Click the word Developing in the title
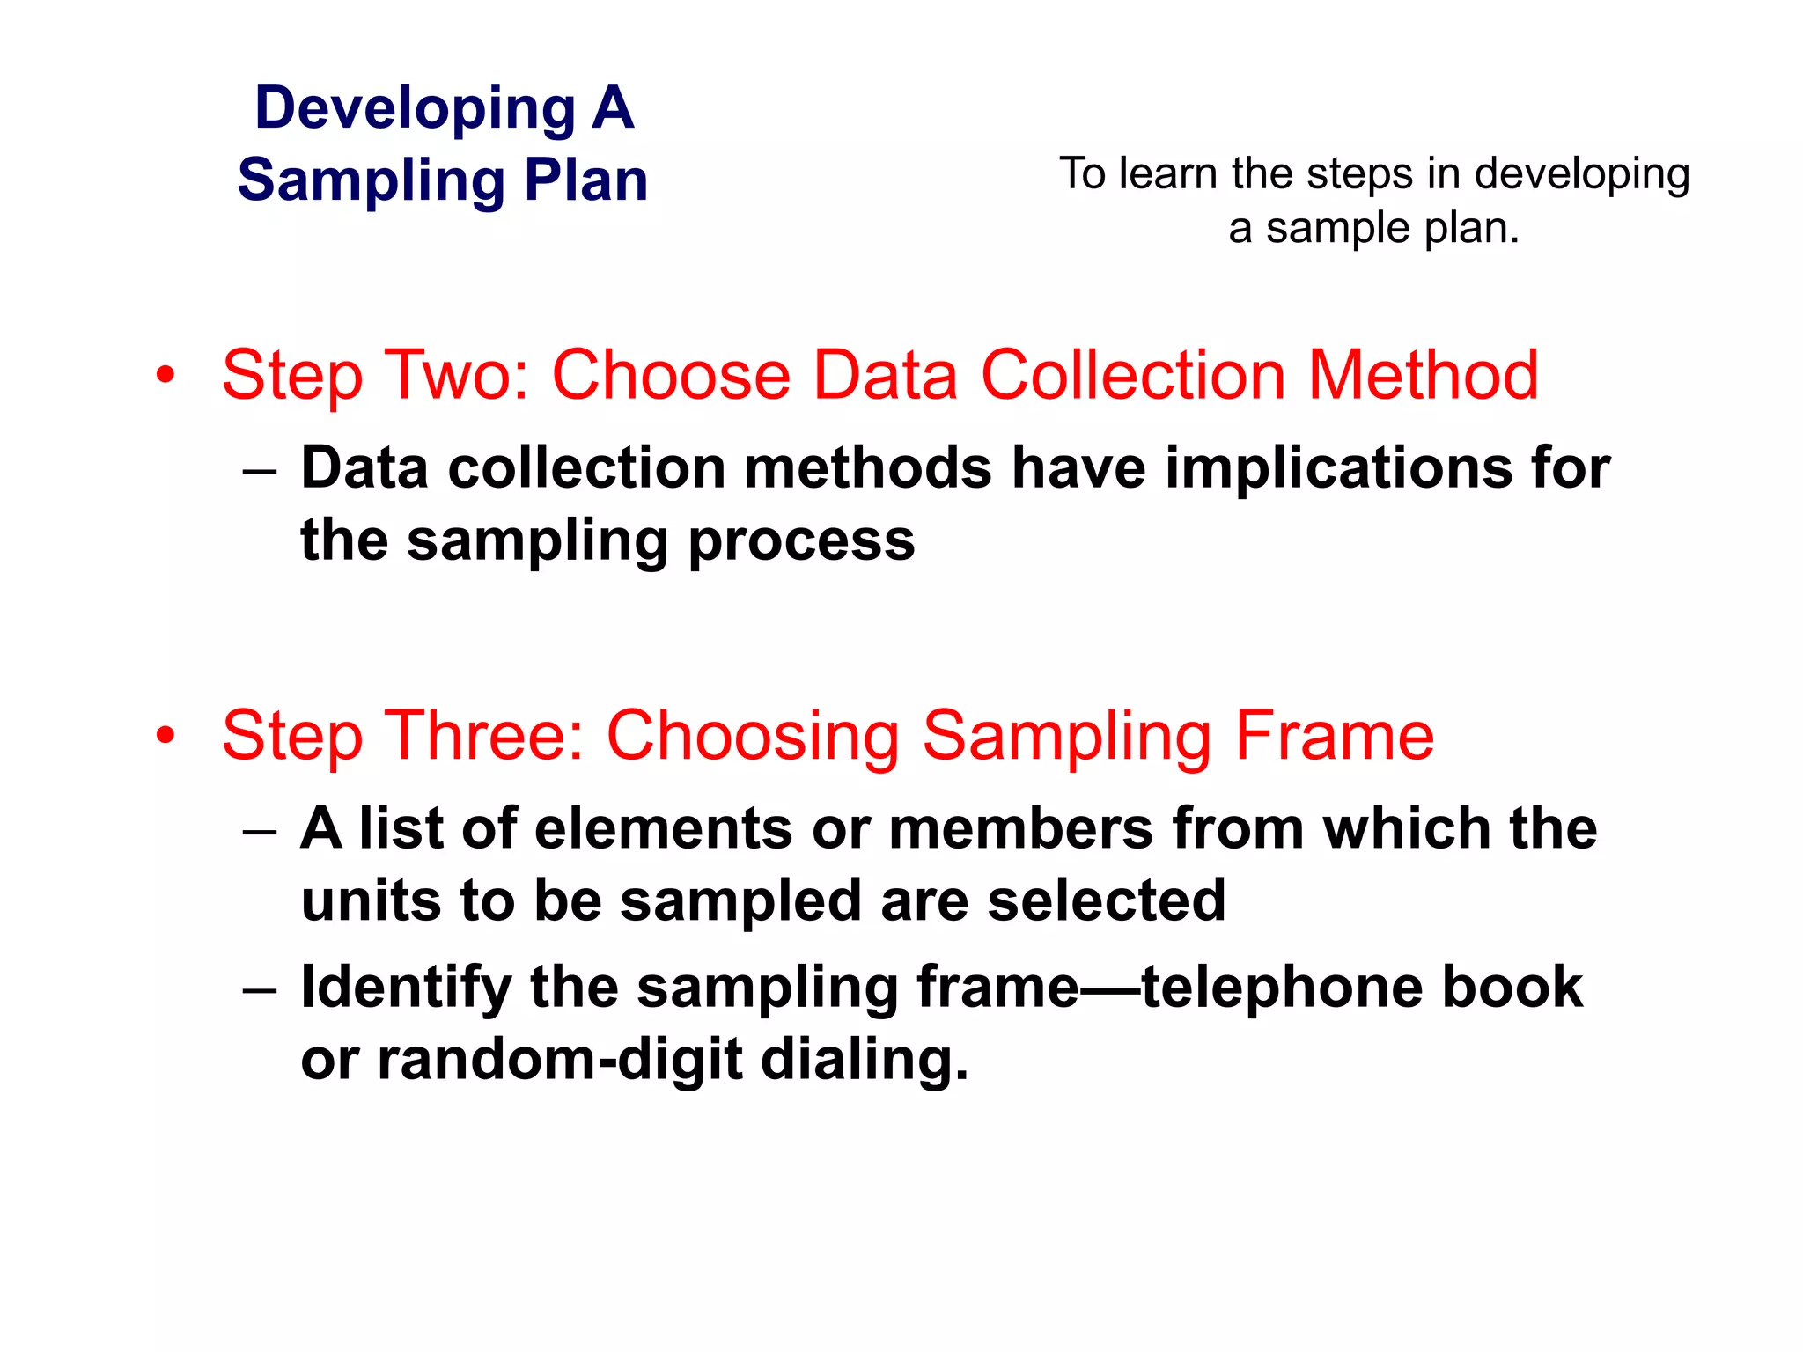415,109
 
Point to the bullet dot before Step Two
166,377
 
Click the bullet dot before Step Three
166,736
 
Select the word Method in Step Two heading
1423,375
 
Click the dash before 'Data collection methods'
260,471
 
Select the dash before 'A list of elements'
260,832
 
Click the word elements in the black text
663,829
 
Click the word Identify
406,988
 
